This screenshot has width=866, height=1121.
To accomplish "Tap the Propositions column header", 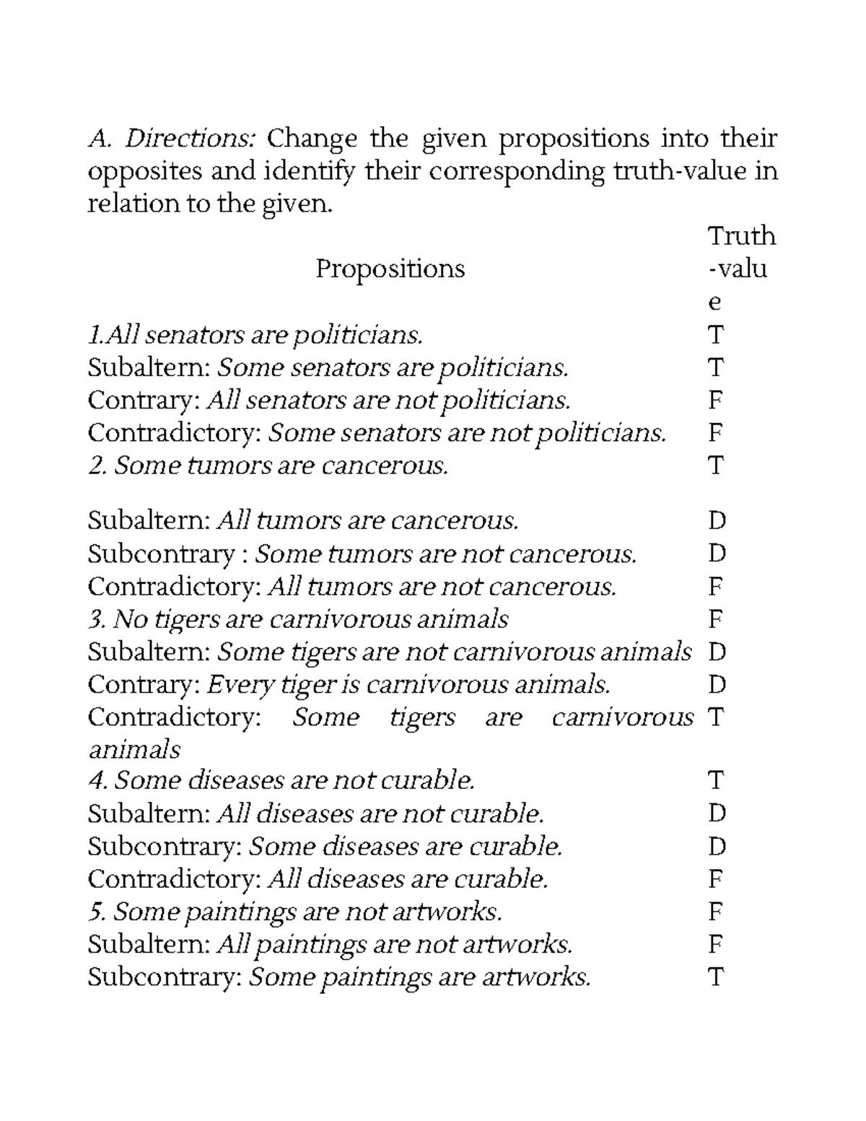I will [x=390, y=269].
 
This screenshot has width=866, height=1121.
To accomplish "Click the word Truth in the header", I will [x=741, y=236].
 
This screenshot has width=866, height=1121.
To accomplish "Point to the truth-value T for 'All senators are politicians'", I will [x=716, y=335].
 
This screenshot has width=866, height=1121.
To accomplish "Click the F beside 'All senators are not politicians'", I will [x=716, y=400].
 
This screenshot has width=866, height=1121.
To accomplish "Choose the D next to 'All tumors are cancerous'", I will [x=717, y=520].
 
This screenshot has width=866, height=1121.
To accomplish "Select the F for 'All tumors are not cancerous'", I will [x=716, y=586].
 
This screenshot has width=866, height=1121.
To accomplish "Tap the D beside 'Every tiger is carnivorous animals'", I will [x=717, y=684].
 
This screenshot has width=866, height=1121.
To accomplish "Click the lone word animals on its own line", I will [x=134, y=749].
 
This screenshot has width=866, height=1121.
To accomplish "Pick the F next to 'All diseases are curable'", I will [x=716, y=879].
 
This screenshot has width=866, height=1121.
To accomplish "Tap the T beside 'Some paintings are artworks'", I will [x=716, y=977].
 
